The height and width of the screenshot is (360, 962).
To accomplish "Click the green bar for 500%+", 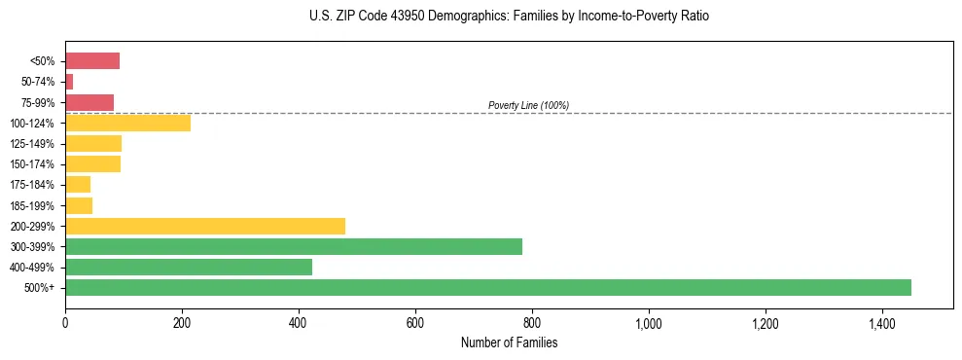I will tap(487, 287).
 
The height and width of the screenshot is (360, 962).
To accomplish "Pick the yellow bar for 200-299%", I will tap(205, 226).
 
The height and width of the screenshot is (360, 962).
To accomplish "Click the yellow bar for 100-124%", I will tap(127, 123).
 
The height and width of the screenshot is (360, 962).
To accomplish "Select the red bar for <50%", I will tap(92, 61).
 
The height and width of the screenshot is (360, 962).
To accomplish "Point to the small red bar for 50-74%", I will tap(69, 82).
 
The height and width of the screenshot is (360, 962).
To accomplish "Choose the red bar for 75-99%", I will tap(89, 102).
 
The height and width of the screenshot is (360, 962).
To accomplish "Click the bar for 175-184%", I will tap(78, 184).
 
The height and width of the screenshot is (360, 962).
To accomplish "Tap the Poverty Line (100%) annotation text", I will tap(528, 105).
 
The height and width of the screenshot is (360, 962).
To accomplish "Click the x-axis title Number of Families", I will tap(509, 342).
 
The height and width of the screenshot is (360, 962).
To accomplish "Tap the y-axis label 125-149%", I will tap(32, 144).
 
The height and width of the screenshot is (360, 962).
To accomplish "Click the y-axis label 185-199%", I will tap(32, 205).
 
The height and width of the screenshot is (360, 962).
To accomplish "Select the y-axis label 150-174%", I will tap(32, 164).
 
